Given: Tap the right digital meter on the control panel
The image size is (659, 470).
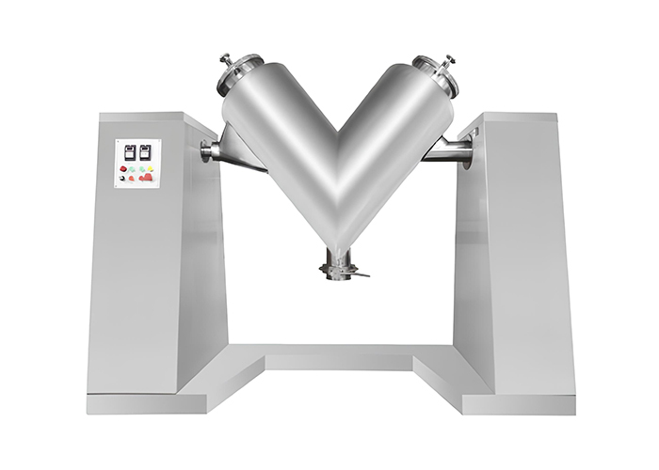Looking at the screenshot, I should pyautogui.click(x=145, y=150).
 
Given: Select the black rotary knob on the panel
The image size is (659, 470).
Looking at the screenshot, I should pyautogui.click(x=123, y=178).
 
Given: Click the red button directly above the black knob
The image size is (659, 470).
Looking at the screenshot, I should pyautogui.click(x=123, y=167).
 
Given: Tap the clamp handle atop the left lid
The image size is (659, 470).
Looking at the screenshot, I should pyautogui.click(x=226, y=59).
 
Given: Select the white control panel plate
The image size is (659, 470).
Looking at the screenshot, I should pyautogui.click(x=137, y=164).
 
